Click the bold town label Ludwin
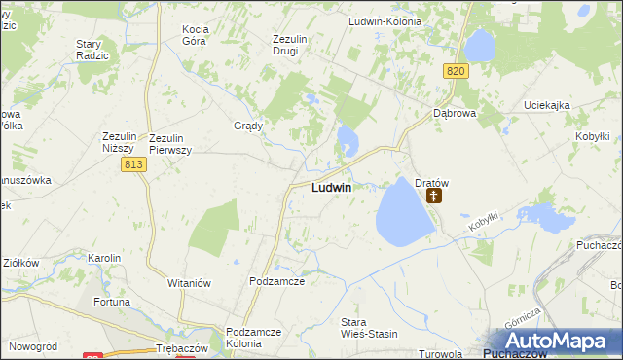pos(331,187)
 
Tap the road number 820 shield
pos(458,72)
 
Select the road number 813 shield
pos(134,166)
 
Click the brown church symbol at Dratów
pos(434,196)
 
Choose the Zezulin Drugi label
pos(290,45)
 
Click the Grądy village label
pos(248,126)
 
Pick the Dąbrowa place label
pos(453,113)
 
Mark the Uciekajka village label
pos(545,105)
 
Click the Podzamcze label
pos(277,281)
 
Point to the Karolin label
pos(104,258)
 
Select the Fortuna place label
pos(112,302)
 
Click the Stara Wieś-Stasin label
pos(368,328)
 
